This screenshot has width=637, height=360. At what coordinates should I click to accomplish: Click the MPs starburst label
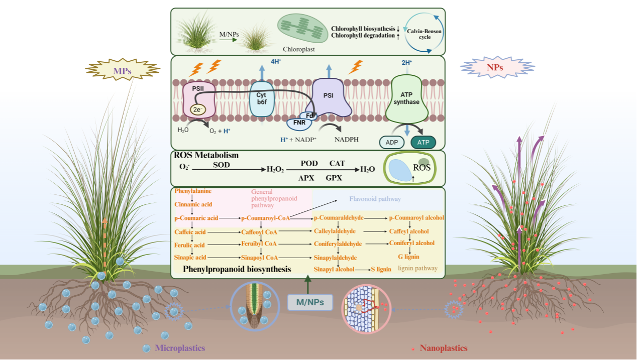click(x=122, y=71)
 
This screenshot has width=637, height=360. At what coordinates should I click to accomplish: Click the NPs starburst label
click(x=497, y=67)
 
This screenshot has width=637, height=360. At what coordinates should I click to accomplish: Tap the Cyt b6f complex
click(x=262, y=98)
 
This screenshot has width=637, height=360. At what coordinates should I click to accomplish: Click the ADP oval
click(x=392, y=142)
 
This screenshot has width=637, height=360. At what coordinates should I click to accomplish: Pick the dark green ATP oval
click(x=422, y=142)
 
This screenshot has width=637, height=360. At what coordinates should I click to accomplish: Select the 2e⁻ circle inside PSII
click(x=197, y=108)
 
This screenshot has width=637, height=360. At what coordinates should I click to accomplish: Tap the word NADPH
click(x=347, y=139)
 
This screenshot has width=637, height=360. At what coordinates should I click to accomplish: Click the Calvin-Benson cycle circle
click(x=425, y=34)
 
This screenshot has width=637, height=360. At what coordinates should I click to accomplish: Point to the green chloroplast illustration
click(x=302, y=29)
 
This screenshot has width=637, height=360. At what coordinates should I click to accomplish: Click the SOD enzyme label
click(x=222, y=164)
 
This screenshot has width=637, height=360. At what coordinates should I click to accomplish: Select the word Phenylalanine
click(x=193, y=191)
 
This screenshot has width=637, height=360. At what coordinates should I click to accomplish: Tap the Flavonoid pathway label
click(x=375, y=199)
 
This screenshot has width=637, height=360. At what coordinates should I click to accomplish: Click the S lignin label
click(x=381, y=269)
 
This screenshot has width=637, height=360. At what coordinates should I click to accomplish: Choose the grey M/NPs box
click(x=309, y=302)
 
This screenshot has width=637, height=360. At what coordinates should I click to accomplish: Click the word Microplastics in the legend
click(x=180, y=348)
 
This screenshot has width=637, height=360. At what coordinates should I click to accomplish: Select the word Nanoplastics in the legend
click(x=443, y=348)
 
